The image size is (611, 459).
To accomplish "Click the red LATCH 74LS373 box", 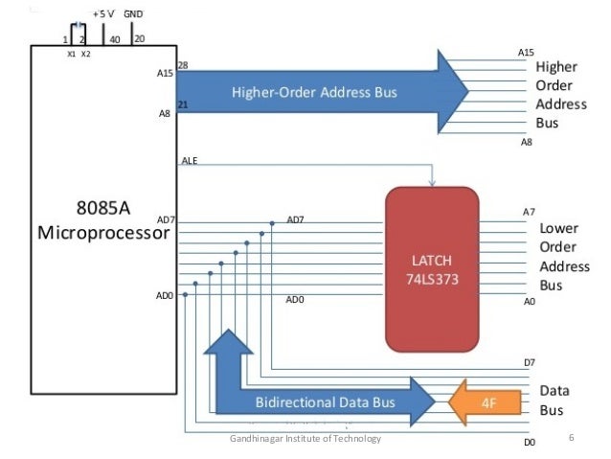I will coord(432,268).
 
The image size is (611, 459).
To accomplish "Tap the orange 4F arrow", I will coord(485,403).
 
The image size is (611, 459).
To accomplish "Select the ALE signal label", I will coord(190,160).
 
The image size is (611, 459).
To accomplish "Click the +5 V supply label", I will coord(104,15).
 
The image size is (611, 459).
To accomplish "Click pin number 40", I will coord(115,39).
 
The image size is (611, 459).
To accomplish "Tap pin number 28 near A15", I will coord(183,65).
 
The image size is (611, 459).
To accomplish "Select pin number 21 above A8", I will coord(183,103).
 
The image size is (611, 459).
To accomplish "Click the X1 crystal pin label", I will coord(71,55).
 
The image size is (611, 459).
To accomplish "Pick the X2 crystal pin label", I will coord(85,55).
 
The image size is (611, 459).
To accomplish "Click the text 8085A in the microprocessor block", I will coord(102,208).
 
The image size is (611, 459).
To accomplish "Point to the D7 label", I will coord(529,362).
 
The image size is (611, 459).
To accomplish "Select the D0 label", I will coord(528,443).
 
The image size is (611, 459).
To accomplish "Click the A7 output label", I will coord(529,212).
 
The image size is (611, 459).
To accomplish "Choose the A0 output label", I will coord(529,301).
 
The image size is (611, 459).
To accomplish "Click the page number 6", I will coord(571,438).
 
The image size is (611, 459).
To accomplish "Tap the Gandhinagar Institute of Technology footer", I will coord(305,438).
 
